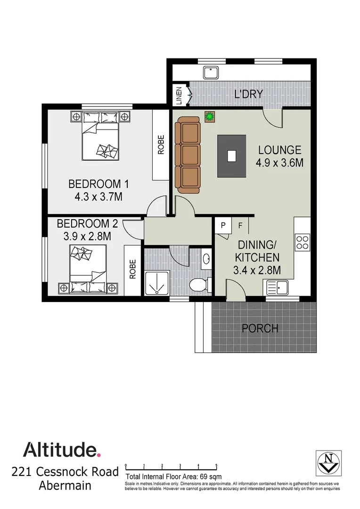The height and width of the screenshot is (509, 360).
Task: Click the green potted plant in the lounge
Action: tap(209, 116)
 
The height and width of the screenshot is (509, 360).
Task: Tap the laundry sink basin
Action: tap(210, 73)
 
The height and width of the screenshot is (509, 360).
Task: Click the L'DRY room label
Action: tap(248, 94)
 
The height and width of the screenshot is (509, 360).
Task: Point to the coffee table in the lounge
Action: tap(231, 156)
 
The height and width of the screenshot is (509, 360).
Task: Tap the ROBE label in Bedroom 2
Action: tap(133, 269)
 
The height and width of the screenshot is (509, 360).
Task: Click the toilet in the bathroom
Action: tap(199, 285)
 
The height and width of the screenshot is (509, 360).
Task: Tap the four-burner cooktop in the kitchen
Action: tap(302, 242)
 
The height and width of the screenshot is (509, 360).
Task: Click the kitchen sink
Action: tap(281, 286)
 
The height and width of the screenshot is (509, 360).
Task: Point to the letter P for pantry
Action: tap(223, 226)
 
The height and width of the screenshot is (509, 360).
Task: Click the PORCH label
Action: tap(260, 328)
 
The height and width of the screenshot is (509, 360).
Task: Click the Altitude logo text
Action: tap(62, 449)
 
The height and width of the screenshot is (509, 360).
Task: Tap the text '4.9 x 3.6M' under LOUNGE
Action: tap(279, 163)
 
